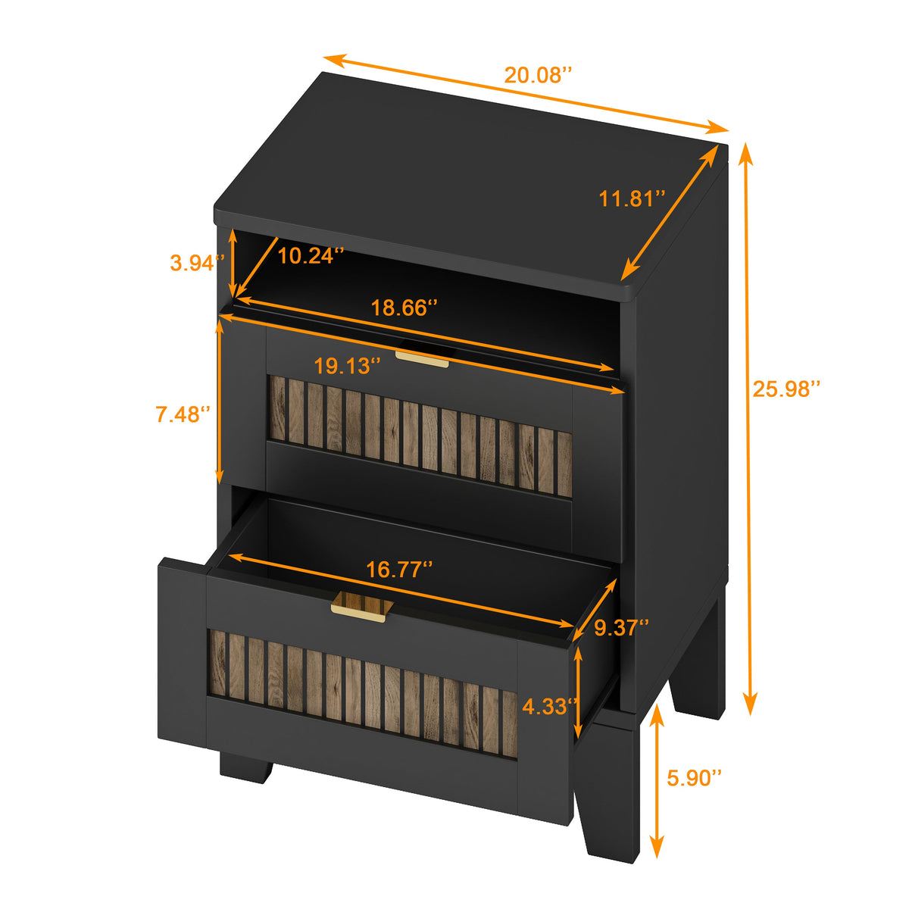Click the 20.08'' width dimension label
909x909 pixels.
pos(538,75)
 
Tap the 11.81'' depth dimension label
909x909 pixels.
pos(632,199)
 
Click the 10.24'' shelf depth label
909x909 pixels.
pos(311,256)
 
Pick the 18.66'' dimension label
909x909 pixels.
pos(404,308)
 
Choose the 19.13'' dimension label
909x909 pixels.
pos(347,367)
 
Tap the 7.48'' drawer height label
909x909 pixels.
pos(183,414)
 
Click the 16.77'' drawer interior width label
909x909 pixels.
pos(399,570)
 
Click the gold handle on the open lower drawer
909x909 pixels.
pos(362,607)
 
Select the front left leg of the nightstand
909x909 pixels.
pos(246,767)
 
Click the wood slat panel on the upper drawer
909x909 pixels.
pos(420,436)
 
